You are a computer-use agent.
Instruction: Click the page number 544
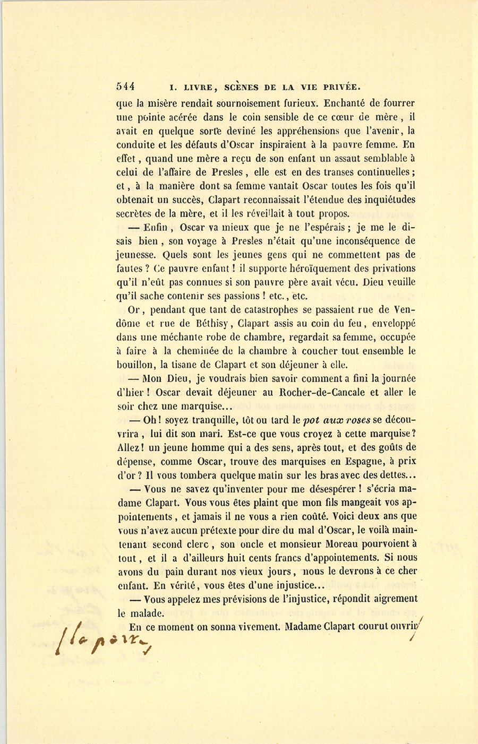(125, 87)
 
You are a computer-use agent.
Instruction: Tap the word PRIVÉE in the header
(339, 87)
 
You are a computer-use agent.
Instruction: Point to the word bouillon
(135, 365)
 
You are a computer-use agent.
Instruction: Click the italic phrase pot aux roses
(336, 420)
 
